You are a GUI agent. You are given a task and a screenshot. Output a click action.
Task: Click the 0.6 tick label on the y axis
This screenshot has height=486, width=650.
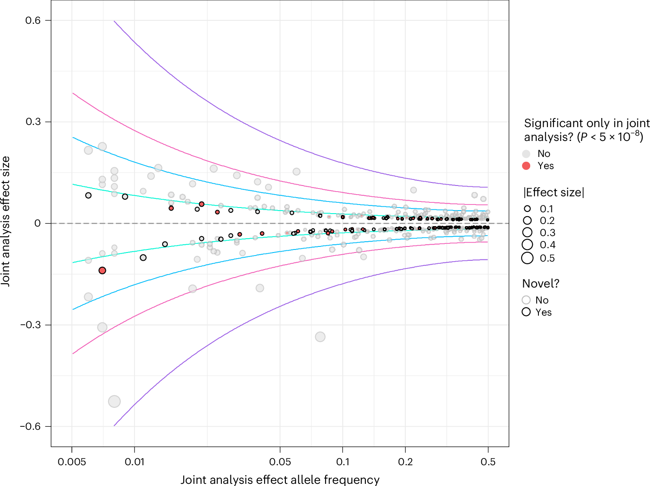tap(32, 20)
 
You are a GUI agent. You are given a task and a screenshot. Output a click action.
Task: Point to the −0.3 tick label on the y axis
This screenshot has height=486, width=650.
tap(30, 325)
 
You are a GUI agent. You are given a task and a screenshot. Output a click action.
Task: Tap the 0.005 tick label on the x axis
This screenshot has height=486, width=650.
tap(72, 462)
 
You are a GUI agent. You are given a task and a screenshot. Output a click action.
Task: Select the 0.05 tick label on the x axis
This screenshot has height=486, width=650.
tap(280, 462)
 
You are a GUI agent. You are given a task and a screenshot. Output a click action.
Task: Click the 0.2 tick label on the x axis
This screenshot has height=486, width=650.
tap(405, 462)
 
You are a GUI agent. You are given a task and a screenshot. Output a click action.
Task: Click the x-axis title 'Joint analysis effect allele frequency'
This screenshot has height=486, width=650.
tap(280, 480)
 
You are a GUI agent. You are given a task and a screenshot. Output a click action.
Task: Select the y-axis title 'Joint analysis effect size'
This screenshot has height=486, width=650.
tap(6, 221)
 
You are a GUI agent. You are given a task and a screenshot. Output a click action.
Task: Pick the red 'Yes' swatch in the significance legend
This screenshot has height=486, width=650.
tap(526, 166)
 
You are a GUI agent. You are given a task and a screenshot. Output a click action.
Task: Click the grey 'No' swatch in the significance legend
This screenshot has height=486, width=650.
tap(526, 154)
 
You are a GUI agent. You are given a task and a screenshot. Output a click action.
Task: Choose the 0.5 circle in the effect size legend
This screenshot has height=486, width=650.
tap(527, 258)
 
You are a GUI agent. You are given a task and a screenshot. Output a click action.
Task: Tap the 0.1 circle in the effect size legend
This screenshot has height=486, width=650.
tap(527, 209)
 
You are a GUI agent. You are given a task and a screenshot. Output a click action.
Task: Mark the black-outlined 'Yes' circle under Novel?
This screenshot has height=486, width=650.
tap(526, 312)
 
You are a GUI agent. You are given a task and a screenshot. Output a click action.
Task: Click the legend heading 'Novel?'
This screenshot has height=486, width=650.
tap(541, 284)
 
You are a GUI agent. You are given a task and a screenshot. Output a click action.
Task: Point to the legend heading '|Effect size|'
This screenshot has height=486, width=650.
tap(554, 192)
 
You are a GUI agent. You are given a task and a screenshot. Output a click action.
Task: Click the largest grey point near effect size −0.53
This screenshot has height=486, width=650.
tap(114, 401)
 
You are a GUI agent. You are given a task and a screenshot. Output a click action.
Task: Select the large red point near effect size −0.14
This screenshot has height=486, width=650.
tap(102, 271)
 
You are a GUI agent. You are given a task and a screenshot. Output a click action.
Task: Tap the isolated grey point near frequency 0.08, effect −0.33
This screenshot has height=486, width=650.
tap(320, 337)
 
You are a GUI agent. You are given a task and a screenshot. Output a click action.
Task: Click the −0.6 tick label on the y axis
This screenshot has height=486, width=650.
tap(30, 426)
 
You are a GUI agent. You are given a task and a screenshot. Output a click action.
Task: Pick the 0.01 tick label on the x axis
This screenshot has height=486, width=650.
tap(134, 462)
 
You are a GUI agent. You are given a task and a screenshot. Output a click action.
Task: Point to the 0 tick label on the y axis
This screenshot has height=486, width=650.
tap(38, 223)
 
